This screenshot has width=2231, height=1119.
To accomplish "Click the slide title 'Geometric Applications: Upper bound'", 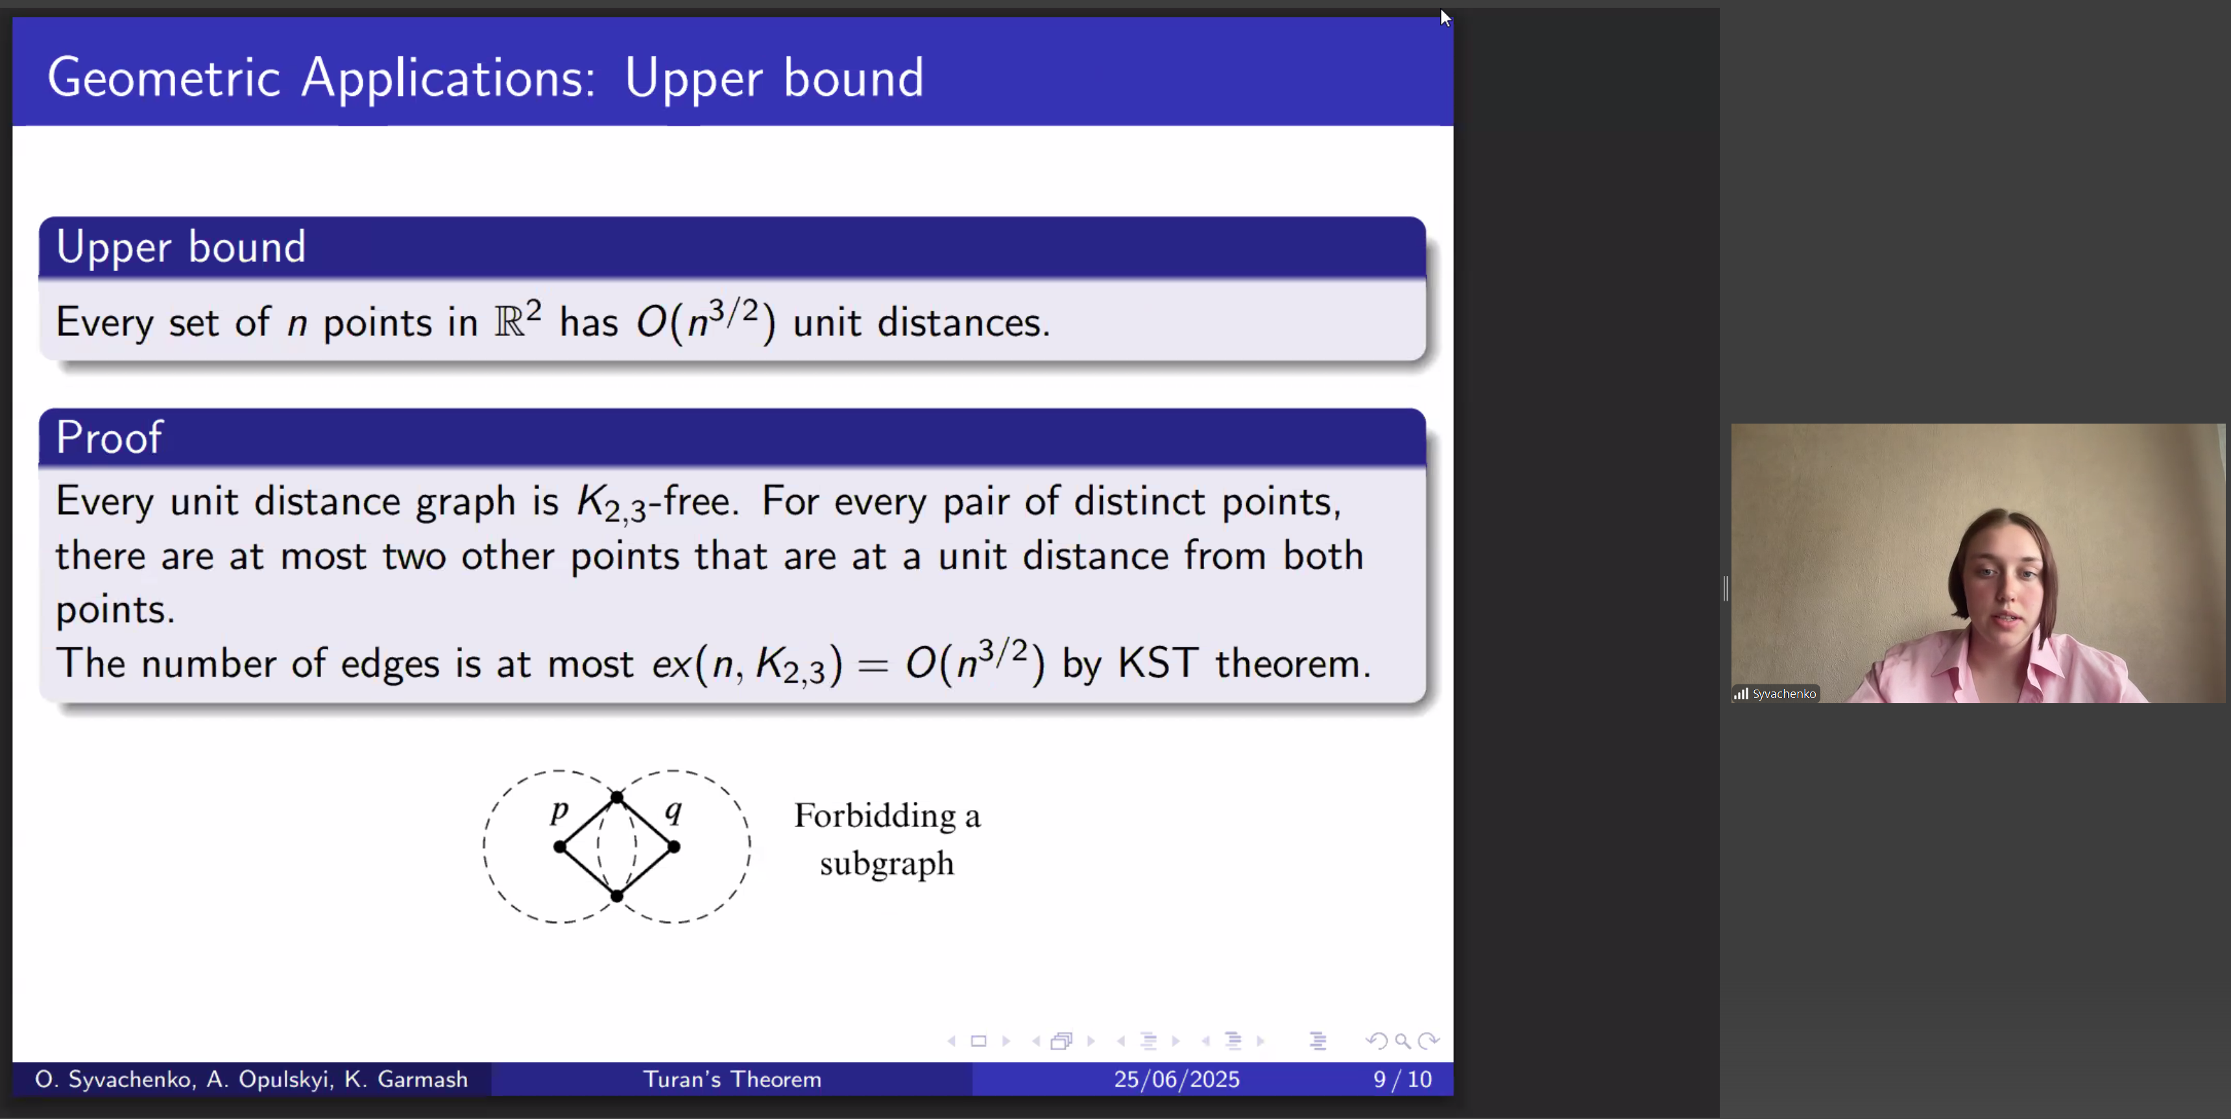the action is coord(485,78).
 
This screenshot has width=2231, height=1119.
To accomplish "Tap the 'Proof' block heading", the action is coord(109,437).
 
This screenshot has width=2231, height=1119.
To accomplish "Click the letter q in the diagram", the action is coord(673,812).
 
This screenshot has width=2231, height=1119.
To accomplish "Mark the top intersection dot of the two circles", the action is coord(617,797).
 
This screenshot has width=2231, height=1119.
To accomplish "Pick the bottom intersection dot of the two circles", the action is coord(617,896).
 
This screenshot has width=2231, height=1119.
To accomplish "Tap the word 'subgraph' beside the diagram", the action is coord(887,863).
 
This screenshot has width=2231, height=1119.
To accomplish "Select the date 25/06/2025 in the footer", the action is coord(1176,1079).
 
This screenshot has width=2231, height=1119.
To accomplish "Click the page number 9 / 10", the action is coord(1402,1079).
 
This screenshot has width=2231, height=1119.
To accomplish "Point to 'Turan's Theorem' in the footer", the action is coord(732,1079).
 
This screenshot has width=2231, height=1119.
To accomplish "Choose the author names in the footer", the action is coord(251,1079).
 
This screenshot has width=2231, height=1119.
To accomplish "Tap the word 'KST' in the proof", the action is coord(1158,664).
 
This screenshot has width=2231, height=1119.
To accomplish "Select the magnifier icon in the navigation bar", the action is coord(1402,1041).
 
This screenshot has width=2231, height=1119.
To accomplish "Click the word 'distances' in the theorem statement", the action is coord(963,322).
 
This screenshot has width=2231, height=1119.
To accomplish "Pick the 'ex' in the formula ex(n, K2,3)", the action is coord(671,664).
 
